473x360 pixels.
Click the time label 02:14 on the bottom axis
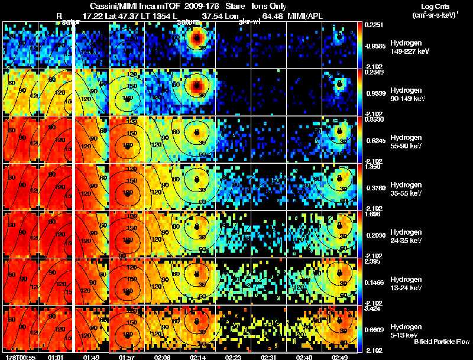pyautogui.click(x=198, y=356)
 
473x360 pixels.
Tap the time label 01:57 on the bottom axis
pyautogui.click(x=127, y=356)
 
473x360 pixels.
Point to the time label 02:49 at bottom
pyautogui.click(x=341, y=356)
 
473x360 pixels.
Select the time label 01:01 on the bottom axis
pyautogui.click(x=56, y=356)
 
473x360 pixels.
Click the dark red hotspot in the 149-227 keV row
pyautogui.click(x=196, y=39)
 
